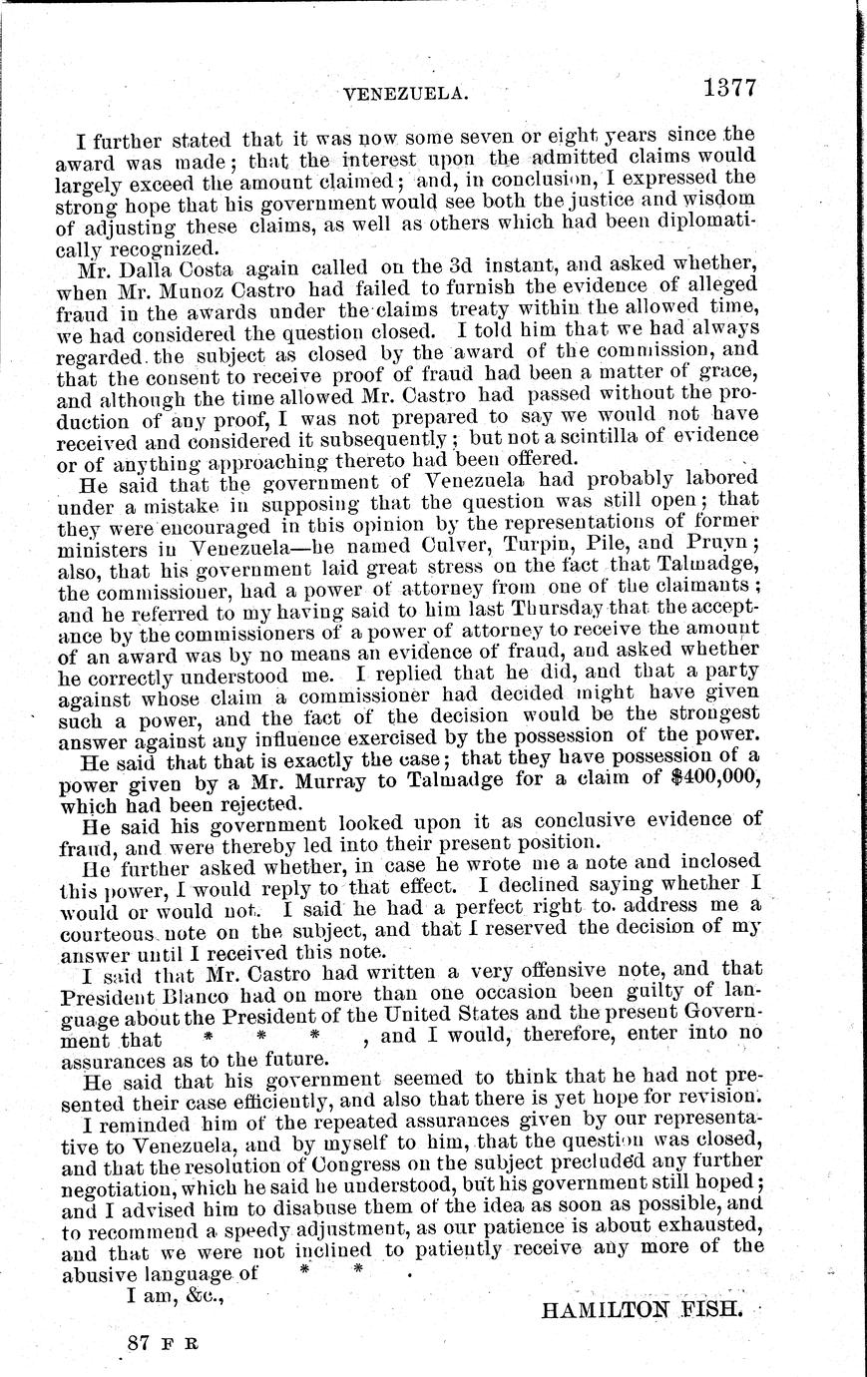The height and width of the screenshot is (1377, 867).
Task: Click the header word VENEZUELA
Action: point(405,94)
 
